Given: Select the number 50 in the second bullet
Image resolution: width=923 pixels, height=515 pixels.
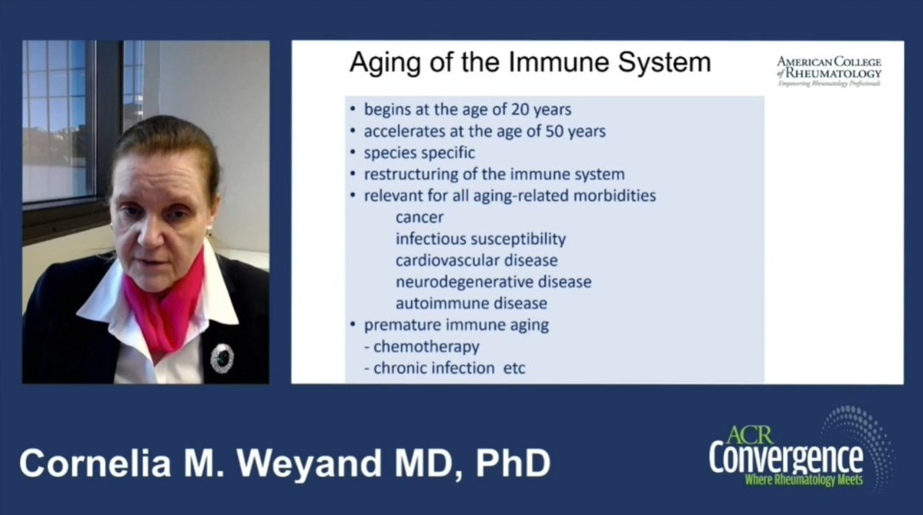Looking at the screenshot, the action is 554,131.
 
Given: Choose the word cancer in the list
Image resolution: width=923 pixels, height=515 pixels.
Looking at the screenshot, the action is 419,217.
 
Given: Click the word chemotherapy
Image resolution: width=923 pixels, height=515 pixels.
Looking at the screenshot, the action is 426,346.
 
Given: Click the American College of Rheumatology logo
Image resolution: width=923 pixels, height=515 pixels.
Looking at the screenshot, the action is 829,72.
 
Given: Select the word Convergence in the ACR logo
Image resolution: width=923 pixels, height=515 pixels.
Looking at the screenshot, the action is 786,457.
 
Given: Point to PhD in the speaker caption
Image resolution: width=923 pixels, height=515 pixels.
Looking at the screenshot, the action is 513,463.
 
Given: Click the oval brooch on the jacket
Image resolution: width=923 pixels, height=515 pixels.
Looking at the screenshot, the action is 222,359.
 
